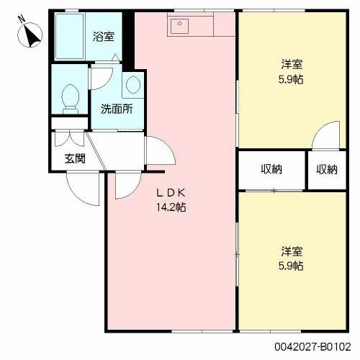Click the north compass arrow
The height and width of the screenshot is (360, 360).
[31, 34]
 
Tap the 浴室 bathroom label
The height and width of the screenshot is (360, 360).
[104, 36]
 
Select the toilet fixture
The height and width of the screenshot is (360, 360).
[70, 98]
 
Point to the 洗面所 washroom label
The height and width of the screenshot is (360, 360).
[115, 110]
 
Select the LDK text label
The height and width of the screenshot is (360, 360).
[173, 193]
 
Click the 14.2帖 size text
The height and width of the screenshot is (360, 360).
[173, 207]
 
